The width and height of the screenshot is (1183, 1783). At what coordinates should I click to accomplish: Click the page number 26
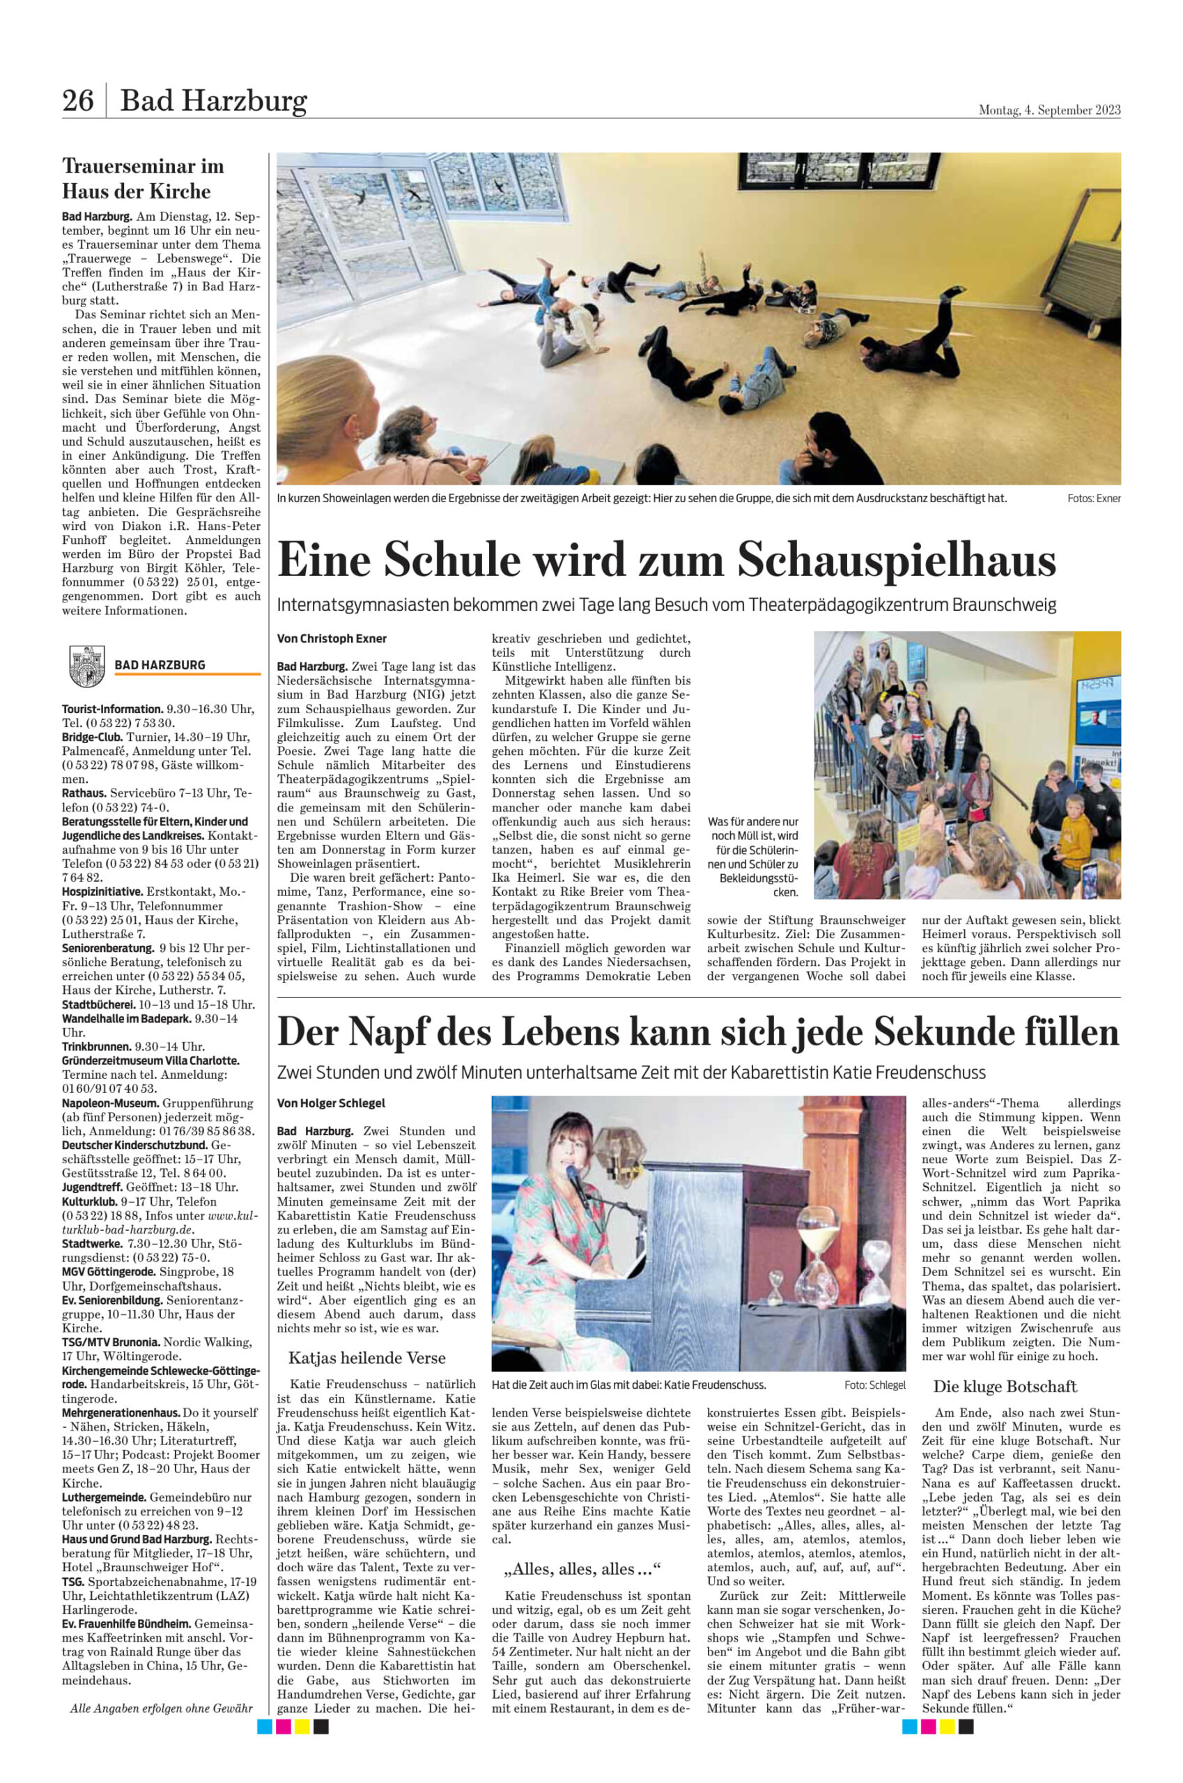click(78, 100)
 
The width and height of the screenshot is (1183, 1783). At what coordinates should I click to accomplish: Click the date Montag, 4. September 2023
click(1049, 110)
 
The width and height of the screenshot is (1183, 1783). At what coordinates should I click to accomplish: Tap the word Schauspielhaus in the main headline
click(896, 561)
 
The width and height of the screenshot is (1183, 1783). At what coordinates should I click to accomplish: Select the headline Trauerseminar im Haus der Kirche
click(142, 178)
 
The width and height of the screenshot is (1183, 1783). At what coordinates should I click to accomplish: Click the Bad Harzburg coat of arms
click(86, 665)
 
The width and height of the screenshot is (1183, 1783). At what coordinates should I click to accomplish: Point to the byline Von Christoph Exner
click(332, 639)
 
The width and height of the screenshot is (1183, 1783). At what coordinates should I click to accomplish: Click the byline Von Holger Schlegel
click(331, 1103)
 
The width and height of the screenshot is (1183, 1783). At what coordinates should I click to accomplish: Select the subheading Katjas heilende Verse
click(366, 1358)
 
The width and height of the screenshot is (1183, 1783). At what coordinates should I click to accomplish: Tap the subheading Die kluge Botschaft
click(1004, 1386)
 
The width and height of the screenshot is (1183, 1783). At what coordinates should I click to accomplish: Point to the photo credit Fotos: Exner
click(1093, 499)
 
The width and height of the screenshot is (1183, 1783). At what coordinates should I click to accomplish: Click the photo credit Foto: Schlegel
click(874, 1385)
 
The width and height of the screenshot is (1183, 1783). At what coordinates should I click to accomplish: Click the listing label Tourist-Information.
click(112, 709)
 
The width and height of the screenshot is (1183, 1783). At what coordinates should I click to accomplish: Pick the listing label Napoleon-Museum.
click(111, 1103)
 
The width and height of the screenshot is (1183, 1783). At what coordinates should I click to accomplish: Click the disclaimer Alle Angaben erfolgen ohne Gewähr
click(162, 1708)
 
